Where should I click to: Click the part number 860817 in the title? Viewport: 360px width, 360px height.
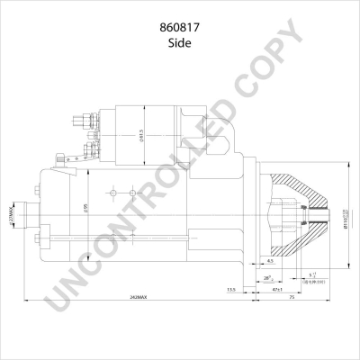[x=180, y=27]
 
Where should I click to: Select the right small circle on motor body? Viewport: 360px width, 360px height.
[x=131, y=192]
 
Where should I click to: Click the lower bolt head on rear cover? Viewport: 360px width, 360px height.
[x=36, y=238]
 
